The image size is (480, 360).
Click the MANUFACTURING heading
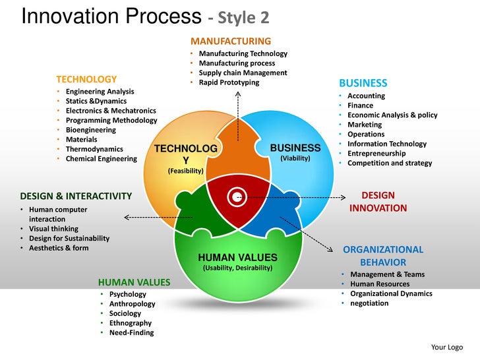tap(230, 41)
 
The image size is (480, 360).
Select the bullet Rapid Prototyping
tap(229, 82)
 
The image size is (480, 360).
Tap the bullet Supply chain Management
tap(243, 73)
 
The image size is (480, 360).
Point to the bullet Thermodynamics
tap(94, 149)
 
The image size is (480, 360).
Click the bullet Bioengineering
tap(90, 130)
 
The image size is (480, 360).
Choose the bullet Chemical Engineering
tap(102, 158)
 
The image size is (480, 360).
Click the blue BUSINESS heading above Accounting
tap(363, 83)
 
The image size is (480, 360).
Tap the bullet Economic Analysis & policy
tap(392, 115)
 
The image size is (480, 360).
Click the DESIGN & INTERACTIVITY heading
tap(76, 196)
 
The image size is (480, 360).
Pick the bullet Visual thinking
tap(53, 229)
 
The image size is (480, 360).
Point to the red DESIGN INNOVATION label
tap(378, 202)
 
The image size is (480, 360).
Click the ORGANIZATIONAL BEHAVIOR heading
tap(382, 256)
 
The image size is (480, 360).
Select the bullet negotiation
tap(369, 303)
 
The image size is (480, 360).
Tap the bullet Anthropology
tap(132, 304)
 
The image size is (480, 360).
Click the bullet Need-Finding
tap(131, 332)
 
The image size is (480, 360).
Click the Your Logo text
tap(446, 347)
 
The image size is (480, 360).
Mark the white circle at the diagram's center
tap(236, 196)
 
